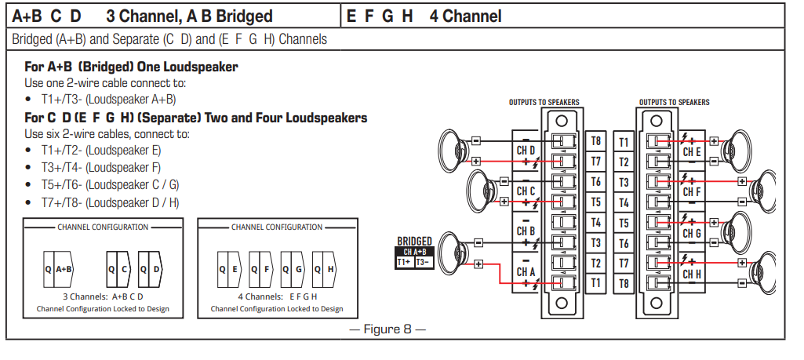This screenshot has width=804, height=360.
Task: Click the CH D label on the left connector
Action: pyautogui.click(x=526, y=150)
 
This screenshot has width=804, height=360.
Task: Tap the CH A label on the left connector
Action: pyautogui.click(x=526, y=272)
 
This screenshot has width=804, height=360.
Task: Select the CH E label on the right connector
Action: pyautogui.click(x=691, y=151)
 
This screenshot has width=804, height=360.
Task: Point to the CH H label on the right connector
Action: pyautogui.click(x=691, y=274)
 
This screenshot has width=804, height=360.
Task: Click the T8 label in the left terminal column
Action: pyautogui.click(x=595, y=141)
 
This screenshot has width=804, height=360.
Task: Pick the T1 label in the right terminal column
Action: pyautogui.click(x=624, y=142)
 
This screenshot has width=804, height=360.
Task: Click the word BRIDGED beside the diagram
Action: pyautogui.click(x=414, y=242)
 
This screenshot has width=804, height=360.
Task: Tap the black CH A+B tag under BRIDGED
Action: pyautogui.click(x=414, y=252)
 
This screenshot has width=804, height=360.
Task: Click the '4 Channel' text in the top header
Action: pyautogui.click(x=465, y=16)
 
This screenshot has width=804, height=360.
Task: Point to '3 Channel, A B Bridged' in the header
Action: pyautogui.click(x=189, y=16)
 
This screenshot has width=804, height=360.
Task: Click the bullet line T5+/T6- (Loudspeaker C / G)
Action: pyautogui.click(x=110, y=184)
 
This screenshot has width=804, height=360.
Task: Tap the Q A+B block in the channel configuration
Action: pyautogui.click(x=59, y=269)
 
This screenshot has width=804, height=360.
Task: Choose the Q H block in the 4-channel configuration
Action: pyautogui.click(x=326, y=269)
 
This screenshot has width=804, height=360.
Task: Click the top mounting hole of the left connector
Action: pyautogui.click(x=561, y=121)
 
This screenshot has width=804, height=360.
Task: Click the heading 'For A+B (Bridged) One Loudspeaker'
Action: pyautogui.click(x=131, y=67)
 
